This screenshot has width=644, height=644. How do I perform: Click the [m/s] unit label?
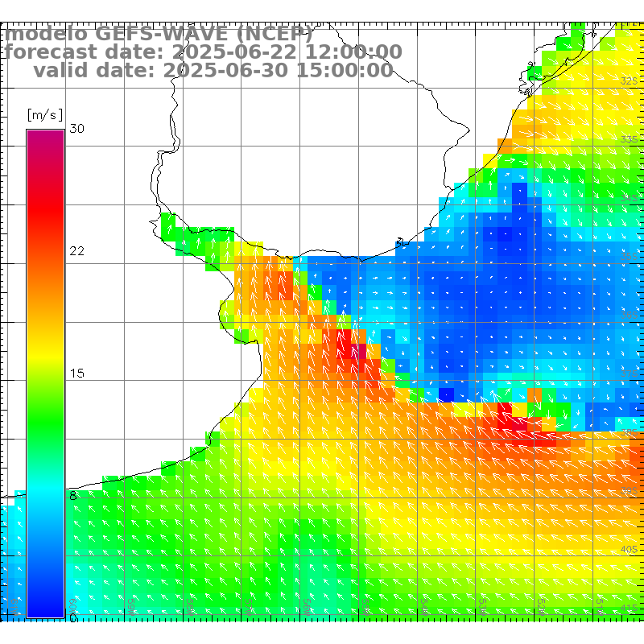pyautogui.click(x=44, y=115)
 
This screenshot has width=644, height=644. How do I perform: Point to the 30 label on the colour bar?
pyautogui.click(x=76, y=129)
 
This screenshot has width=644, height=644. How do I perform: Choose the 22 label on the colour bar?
pyautogui.click(x=76, y=251)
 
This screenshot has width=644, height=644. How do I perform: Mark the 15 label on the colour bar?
pyautogui.click(x=76, y=374)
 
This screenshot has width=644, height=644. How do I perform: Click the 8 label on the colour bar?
pyautogui.click(x=73, y=496)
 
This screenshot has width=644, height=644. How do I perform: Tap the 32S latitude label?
pyautogui.click(x=629, y=81)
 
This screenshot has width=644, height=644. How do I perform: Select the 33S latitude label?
pyautogui.click(x=629, y=139)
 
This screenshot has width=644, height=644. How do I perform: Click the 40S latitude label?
pyautogui.click(x=629, y=549)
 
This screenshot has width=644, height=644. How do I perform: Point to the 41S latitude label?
pyautogui.click(x=629, y=607)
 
